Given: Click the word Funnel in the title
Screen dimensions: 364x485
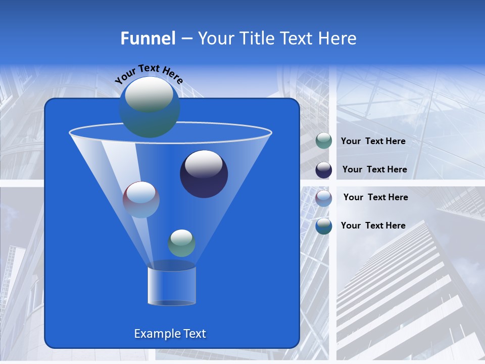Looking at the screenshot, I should click(x=148, y=38).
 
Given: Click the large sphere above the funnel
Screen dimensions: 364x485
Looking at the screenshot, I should click(x=149, y=107).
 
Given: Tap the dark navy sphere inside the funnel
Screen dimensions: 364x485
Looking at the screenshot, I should click(x=204, y=174).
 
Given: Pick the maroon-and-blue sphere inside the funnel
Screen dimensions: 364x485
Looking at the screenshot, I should click(x=141, y=200).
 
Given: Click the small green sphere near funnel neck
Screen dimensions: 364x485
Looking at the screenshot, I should click(x=181, y=243).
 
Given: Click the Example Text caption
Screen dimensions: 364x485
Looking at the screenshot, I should click(x=170, y=334).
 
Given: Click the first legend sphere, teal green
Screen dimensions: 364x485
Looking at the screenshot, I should click(x=324, y=141).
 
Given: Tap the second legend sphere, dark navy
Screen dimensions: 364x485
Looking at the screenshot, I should click(x=324, y=170).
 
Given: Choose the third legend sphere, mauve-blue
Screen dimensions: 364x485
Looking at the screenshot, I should click(x=324, y=198).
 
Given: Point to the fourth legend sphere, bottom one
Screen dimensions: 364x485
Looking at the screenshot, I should click(x=324, y=226).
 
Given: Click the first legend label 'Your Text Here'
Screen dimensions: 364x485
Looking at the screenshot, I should click(x=373, y=142).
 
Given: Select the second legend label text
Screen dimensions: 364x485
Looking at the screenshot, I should click(x=374, y=170).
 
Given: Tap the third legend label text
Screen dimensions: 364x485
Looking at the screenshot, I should click(x=375, y=198).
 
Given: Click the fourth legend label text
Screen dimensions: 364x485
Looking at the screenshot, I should click(x=373, y=226).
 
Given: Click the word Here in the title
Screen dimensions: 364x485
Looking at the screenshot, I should click(x=338, y=38).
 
